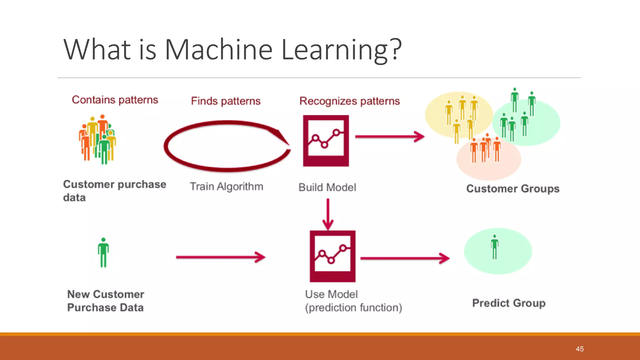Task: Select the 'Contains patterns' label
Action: point(115,100)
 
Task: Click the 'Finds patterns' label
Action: point(226,101)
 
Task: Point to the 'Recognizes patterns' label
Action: point(349,101)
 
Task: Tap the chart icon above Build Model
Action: point(326,140)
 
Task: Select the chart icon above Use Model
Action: point(332,256)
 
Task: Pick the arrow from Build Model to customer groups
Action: point(389,137)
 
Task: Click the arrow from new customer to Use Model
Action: point(220,257)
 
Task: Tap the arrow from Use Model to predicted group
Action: point(404,258)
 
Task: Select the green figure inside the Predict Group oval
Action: point(494,247)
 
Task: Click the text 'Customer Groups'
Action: point(512,189)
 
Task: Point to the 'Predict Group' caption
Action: point(508,303)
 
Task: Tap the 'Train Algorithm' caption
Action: point(227,187)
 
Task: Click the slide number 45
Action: point(579,349)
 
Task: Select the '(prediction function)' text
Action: point(353,307)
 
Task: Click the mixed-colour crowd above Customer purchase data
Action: point(97,139)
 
